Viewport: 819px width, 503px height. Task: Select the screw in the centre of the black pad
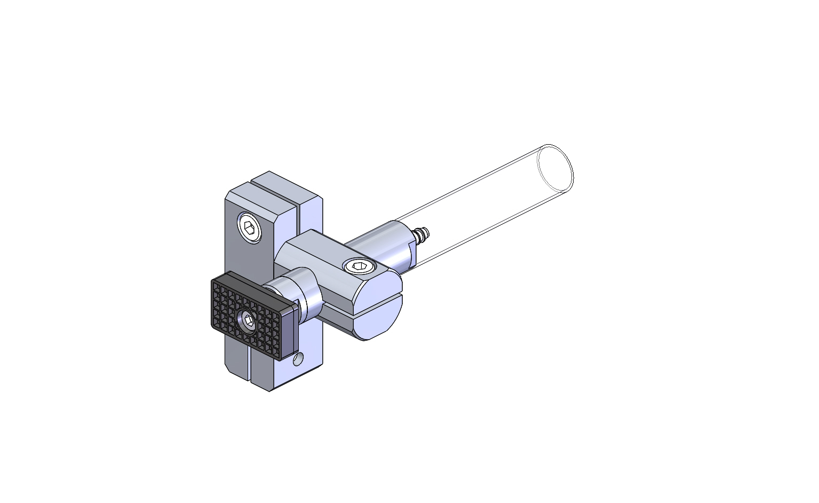click(x=248, y=320)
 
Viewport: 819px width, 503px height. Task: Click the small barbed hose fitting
click(x=422, y=233)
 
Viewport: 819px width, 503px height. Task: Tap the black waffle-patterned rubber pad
click(x=235, y=304)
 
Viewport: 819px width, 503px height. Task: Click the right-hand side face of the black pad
click(x=288, y=334)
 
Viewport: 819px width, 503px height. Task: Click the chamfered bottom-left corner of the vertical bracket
click(x=228, y=368)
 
